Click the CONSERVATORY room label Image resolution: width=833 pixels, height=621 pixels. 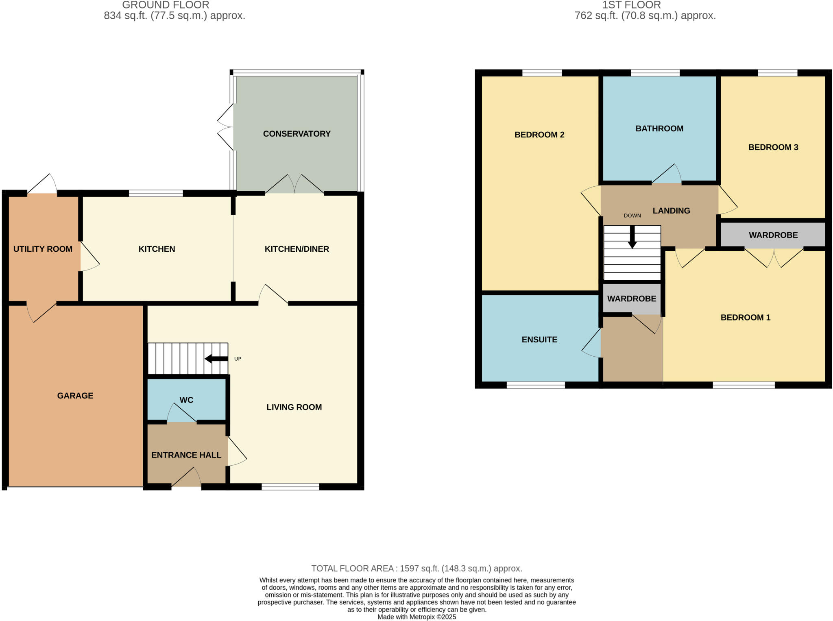[297, 134]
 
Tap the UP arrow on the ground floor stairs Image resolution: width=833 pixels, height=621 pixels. [216, 359]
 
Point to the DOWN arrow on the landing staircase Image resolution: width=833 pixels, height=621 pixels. [632, 237]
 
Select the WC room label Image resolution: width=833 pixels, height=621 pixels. [186, 400]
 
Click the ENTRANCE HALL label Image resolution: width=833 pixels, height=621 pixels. [186, 455]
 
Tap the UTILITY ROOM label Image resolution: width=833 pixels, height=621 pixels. [43, 249]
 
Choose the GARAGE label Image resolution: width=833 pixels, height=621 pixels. [75, 396]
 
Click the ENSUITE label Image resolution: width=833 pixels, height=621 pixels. [539, 340]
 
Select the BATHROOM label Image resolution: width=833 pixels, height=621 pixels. [659, 129]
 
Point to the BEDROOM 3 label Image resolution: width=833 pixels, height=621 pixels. [773, 147]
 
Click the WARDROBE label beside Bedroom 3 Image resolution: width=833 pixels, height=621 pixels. [773, 235]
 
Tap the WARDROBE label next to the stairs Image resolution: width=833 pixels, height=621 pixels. [632, 299]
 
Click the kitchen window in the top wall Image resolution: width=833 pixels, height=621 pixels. [156, 194]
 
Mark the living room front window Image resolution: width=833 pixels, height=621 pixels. [290, 487]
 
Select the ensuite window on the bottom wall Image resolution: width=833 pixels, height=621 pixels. [536, 385]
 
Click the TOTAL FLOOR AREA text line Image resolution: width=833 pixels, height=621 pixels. [416, 569]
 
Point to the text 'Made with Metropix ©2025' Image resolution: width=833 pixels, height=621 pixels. [416, 617]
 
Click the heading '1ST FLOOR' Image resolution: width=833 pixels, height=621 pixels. [631, 5]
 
